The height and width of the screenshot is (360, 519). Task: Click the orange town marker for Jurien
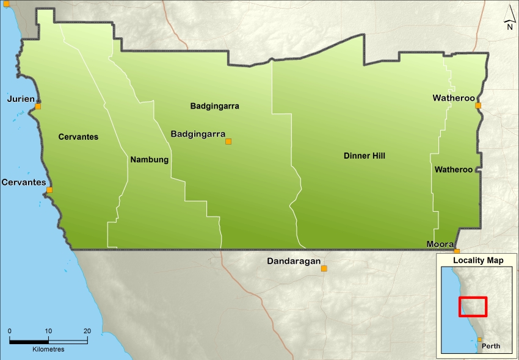38,106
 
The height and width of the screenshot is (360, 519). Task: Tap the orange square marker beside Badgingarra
228,142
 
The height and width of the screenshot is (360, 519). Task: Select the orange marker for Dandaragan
324,268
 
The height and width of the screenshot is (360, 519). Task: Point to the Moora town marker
457,251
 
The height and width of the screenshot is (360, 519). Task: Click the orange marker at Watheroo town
478,106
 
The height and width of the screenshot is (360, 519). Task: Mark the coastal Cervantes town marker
49,190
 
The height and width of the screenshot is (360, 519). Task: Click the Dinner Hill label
364,156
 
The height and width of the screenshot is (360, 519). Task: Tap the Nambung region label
149,160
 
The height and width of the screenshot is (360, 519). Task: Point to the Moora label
439,244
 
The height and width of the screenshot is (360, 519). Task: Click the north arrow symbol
509,18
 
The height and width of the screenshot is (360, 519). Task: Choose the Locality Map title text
478,261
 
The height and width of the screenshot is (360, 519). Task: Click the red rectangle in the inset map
473,306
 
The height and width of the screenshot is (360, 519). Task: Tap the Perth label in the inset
491,346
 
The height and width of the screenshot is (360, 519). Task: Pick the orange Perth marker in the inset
480,340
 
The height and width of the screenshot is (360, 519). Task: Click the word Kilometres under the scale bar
49,350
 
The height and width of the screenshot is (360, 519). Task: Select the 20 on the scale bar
87,331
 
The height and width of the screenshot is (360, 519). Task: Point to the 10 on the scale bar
48,331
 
